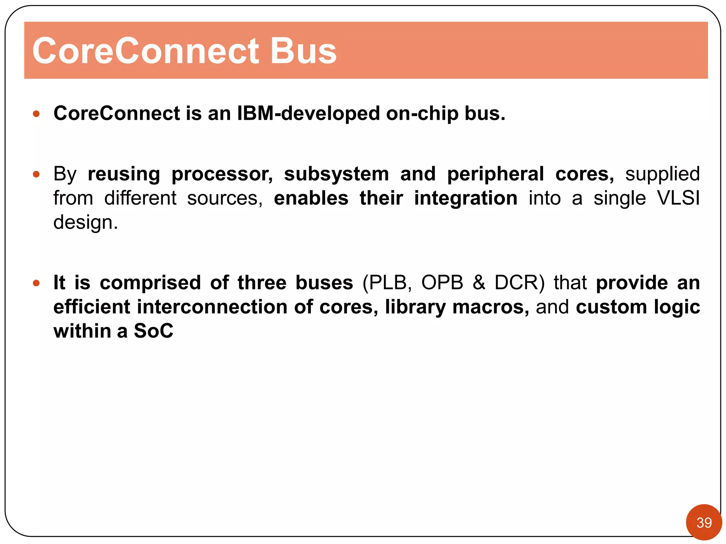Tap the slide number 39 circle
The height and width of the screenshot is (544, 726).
click(704, 522)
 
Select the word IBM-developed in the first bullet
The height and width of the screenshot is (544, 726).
click(308, 113)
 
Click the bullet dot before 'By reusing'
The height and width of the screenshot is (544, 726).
click(36, 174)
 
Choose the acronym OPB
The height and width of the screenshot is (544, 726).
click(442, 283)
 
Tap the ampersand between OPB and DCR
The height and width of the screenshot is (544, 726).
click(479, 283)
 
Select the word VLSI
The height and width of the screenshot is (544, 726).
click(678, 198)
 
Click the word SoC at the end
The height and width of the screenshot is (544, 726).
click(153, 331)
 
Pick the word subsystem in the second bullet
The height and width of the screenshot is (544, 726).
click(336, 174)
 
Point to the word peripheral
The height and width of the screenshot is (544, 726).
click(495, 174)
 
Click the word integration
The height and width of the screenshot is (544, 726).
click(465, 198)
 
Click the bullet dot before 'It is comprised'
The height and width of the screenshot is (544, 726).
click(36, 283)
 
